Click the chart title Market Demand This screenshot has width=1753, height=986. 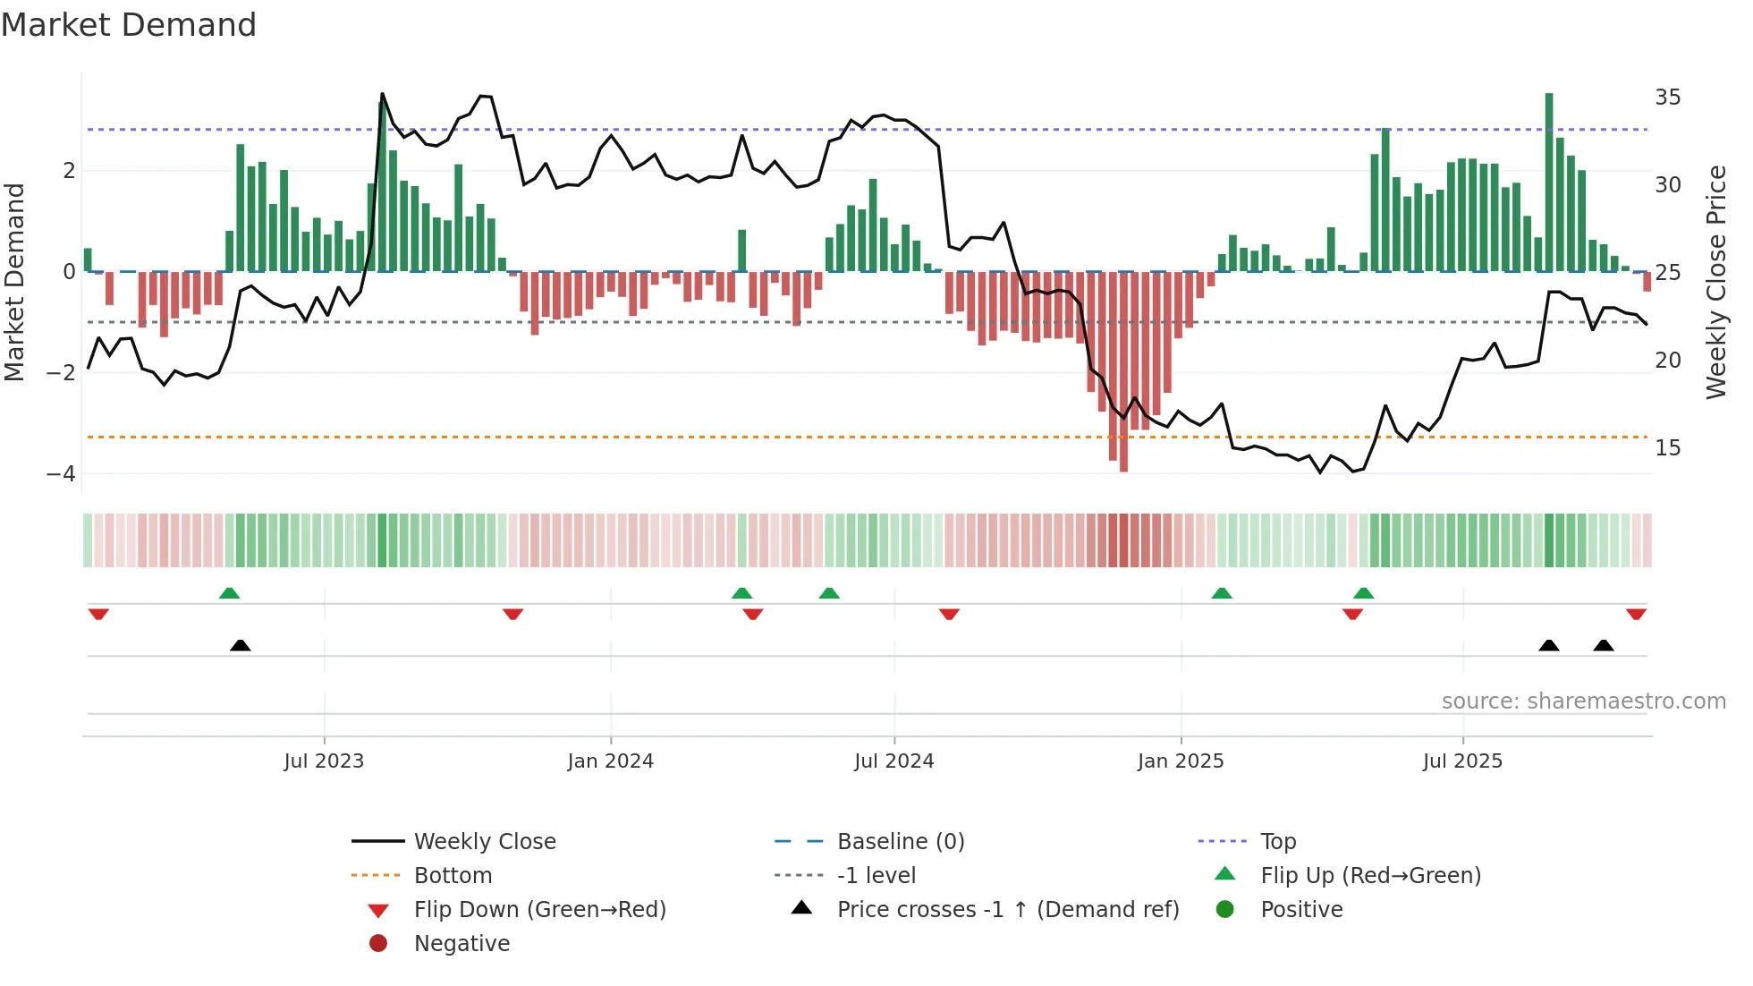[129, 25]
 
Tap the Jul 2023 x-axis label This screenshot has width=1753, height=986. [324, 761]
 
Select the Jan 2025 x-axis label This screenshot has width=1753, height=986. [1181, 761]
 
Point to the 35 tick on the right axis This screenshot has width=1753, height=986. [1667, 97]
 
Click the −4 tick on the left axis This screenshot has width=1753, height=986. [62, 473]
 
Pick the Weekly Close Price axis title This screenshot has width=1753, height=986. [1715, 282]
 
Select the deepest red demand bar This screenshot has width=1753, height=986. [1123, 371]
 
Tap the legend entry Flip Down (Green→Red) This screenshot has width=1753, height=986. [539, 910]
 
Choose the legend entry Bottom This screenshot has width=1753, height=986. [453, 876]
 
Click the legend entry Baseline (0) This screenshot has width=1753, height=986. [900, 842]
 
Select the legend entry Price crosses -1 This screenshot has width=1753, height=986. [1007, 910]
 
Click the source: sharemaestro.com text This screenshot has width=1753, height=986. [1583, 701]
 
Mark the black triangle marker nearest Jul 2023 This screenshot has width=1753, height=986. [240, 645]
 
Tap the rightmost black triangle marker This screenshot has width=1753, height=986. [1604, 645]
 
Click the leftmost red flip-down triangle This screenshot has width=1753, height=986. [98, 614]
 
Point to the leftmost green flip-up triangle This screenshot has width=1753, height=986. [229, 593]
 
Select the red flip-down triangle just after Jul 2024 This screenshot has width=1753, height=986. [949, 614]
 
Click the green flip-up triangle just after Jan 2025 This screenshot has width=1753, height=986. [1222, 593]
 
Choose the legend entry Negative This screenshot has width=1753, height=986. [462, 944]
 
